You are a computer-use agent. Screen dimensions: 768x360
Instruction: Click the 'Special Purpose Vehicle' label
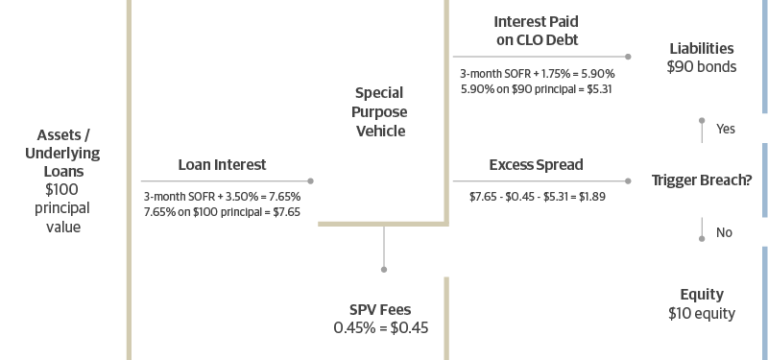379,112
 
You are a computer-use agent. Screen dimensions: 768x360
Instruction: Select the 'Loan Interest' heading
222,164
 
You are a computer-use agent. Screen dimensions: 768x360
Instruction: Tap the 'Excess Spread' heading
536,164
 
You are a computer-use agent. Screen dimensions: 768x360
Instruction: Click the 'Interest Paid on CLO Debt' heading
537,31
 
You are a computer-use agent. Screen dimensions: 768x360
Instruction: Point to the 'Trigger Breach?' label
702,180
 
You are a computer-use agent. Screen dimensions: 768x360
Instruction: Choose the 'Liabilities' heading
702,49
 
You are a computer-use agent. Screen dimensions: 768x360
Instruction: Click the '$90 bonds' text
702,66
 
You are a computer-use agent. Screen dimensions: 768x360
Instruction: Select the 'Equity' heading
702,295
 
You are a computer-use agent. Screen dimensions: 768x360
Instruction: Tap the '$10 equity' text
702,313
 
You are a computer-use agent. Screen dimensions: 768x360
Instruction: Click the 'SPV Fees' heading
380,309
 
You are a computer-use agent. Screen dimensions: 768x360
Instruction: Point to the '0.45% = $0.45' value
380,327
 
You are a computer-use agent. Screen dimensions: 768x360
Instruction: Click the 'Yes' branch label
726,129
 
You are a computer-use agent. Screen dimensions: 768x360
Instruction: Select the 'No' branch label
724,232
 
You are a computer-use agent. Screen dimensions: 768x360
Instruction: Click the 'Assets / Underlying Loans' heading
62,153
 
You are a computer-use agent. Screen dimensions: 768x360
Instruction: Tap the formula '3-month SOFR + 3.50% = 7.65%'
222,197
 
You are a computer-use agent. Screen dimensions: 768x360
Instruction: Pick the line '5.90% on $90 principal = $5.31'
537,89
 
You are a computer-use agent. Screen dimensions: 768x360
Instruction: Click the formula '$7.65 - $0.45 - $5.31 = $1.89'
537,197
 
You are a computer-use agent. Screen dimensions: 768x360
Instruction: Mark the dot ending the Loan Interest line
310,180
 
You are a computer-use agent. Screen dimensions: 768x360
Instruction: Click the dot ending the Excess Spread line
628,180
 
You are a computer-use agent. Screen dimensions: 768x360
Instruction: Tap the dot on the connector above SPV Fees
384,270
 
